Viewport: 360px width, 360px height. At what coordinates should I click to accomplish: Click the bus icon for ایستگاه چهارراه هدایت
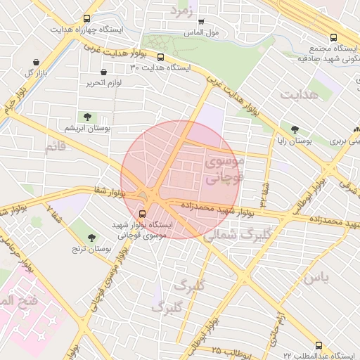(86, 19)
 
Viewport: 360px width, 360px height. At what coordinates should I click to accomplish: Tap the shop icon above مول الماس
(201, 22)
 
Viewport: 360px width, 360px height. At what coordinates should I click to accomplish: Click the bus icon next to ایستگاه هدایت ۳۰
(161, 58)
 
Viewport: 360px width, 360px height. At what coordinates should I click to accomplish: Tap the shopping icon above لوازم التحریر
(104, 72)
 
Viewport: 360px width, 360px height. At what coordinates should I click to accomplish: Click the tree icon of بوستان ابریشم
(86, 117)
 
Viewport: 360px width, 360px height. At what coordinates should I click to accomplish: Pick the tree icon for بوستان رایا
(294, 129)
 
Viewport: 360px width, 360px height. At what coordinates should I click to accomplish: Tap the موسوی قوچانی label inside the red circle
(224, 170)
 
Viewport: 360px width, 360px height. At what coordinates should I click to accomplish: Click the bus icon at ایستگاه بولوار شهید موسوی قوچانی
(143, 213)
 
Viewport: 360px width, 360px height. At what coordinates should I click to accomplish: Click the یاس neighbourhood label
(316, 277)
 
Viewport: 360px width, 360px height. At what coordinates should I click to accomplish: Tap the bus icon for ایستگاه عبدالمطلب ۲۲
(319, 345)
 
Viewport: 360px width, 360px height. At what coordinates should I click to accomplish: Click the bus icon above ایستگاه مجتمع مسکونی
(333, 37)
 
